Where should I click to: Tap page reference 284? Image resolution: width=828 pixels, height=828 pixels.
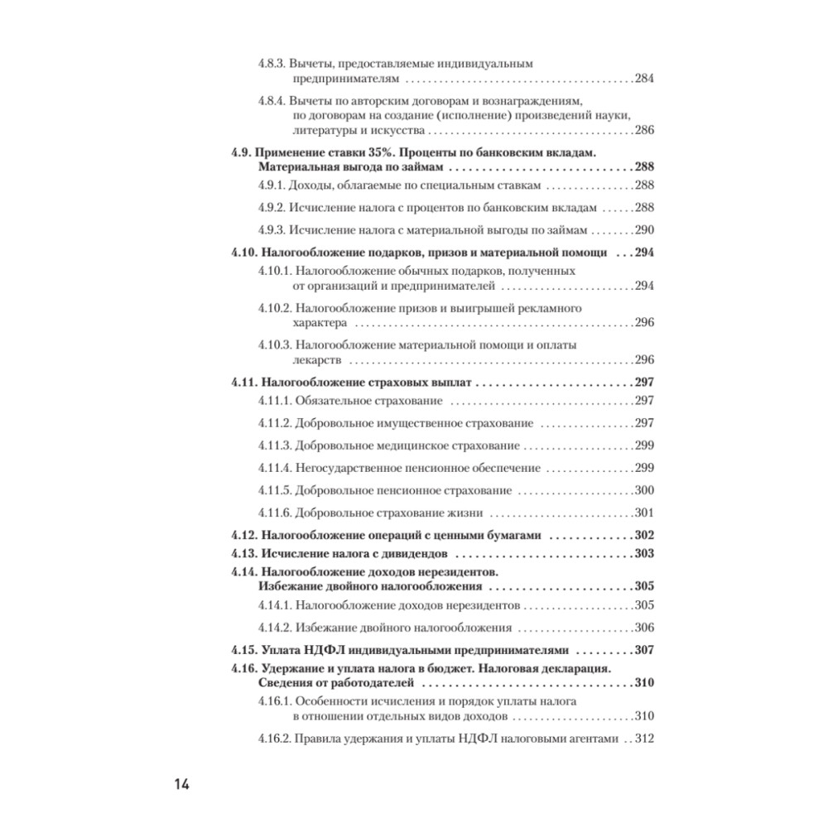click(644, 79)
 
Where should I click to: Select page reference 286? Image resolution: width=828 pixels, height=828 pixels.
click(644, 131)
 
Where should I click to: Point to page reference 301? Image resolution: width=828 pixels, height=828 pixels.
click(644, 512)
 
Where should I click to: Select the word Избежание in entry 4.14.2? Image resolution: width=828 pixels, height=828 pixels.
click(325, 628)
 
